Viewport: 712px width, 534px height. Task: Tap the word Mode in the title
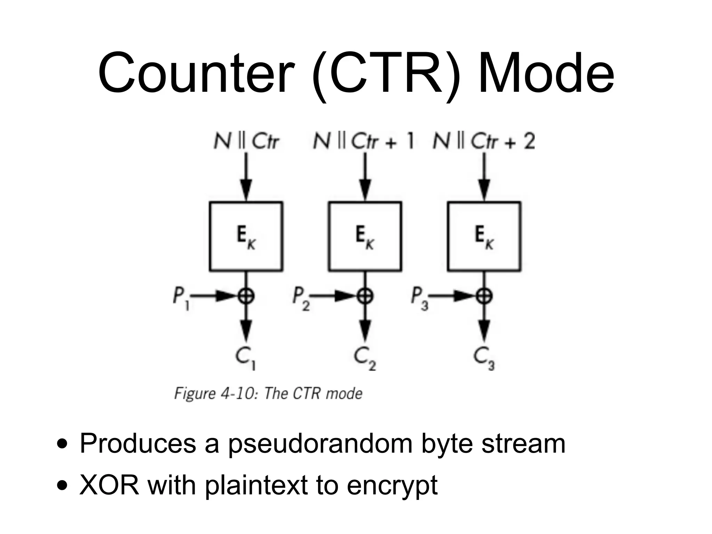[x=546, y=74]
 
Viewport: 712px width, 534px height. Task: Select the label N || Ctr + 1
[x=364, y=142]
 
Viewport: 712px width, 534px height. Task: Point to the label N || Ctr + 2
[x=484, y=142]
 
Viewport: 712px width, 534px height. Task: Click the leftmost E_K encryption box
[x=246, y=236]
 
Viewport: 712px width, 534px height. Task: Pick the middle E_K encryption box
[x=365, y=236]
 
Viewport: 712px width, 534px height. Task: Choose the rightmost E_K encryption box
[x=484, y=236]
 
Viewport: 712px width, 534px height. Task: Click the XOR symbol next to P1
[x=246, y=297]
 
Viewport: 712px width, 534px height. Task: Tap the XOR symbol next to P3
[x=485, y=297]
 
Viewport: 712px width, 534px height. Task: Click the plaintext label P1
[x=181, y=299]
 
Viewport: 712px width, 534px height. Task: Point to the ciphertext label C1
[x=245, y=358]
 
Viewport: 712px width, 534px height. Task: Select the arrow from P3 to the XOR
[x=452, y=297]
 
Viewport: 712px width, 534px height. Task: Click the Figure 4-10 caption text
[x=268, y=394]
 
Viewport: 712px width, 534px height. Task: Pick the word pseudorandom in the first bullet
[x=320, y=444]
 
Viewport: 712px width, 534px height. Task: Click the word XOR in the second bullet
[x=109, y=485]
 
